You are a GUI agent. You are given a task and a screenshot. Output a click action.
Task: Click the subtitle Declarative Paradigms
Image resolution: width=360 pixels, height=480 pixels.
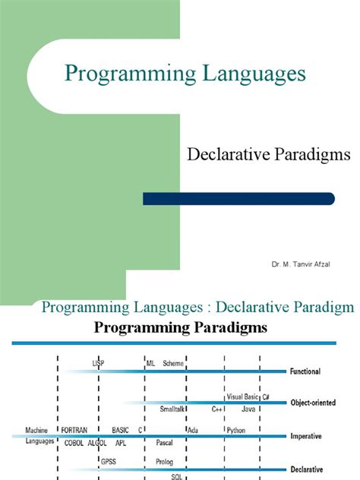pyautogui.click(x=268, y=155)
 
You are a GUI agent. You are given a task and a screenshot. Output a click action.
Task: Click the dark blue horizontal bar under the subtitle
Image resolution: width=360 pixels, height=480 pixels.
pyautogui.click(x=238, y=198)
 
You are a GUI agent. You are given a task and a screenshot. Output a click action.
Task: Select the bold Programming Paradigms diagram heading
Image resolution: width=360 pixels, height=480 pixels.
pyautogui.click(x=179, y=330)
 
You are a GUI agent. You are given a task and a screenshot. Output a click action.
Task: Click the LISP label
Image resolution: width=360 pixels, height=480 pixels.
pyautogui.click(x=98, y=363)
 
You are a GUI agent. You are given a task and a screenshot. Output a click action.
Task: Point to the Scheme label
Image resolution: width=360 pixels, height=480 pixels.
pyautogui.click(x=173, y=363)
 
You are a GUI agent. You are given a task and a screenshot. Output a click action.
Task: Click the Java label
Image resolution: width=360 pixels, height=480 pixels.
pyautogui.click(x=248, y=409)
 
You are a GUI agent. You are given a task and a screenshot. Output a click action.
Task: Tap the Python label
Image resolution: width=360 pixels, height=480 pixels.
pyautogui.click(x=235, y=430)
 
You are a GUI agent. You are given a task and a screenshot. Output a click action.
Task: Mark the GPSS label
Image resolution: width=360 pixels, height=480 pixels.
pyautogui.click(x=109, y=461)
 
